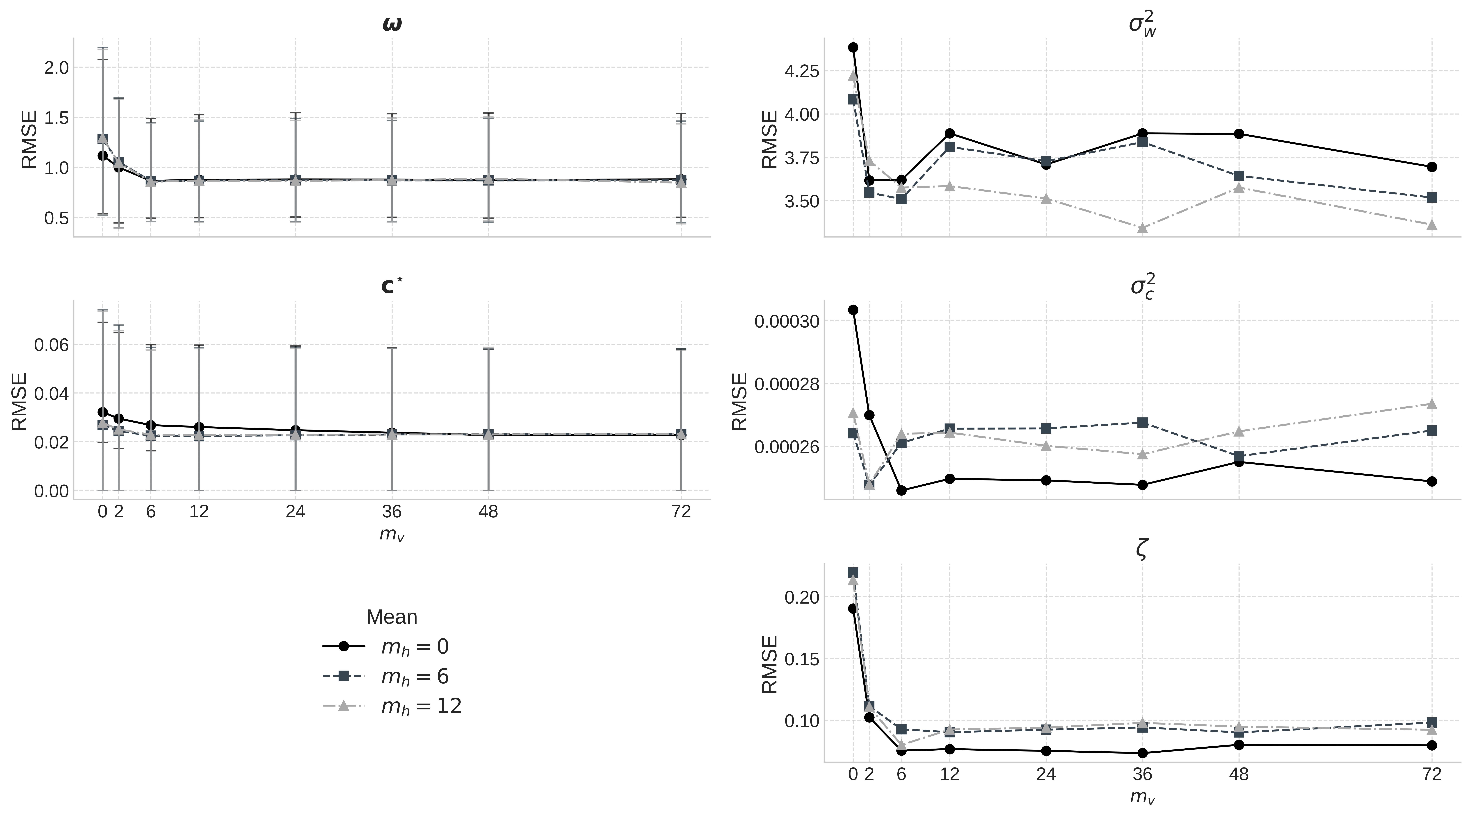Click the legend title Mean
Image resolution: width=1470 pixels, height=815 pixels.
pyautogui.click(x=391, y=617)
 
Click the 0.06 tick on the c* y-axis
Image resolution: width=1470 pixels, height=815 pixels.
pyautogui.click(x=51, y=345)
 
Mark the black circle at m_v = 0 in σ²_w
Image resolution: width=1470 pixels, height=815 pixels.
pyautogui.click(x=853, y=47)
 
